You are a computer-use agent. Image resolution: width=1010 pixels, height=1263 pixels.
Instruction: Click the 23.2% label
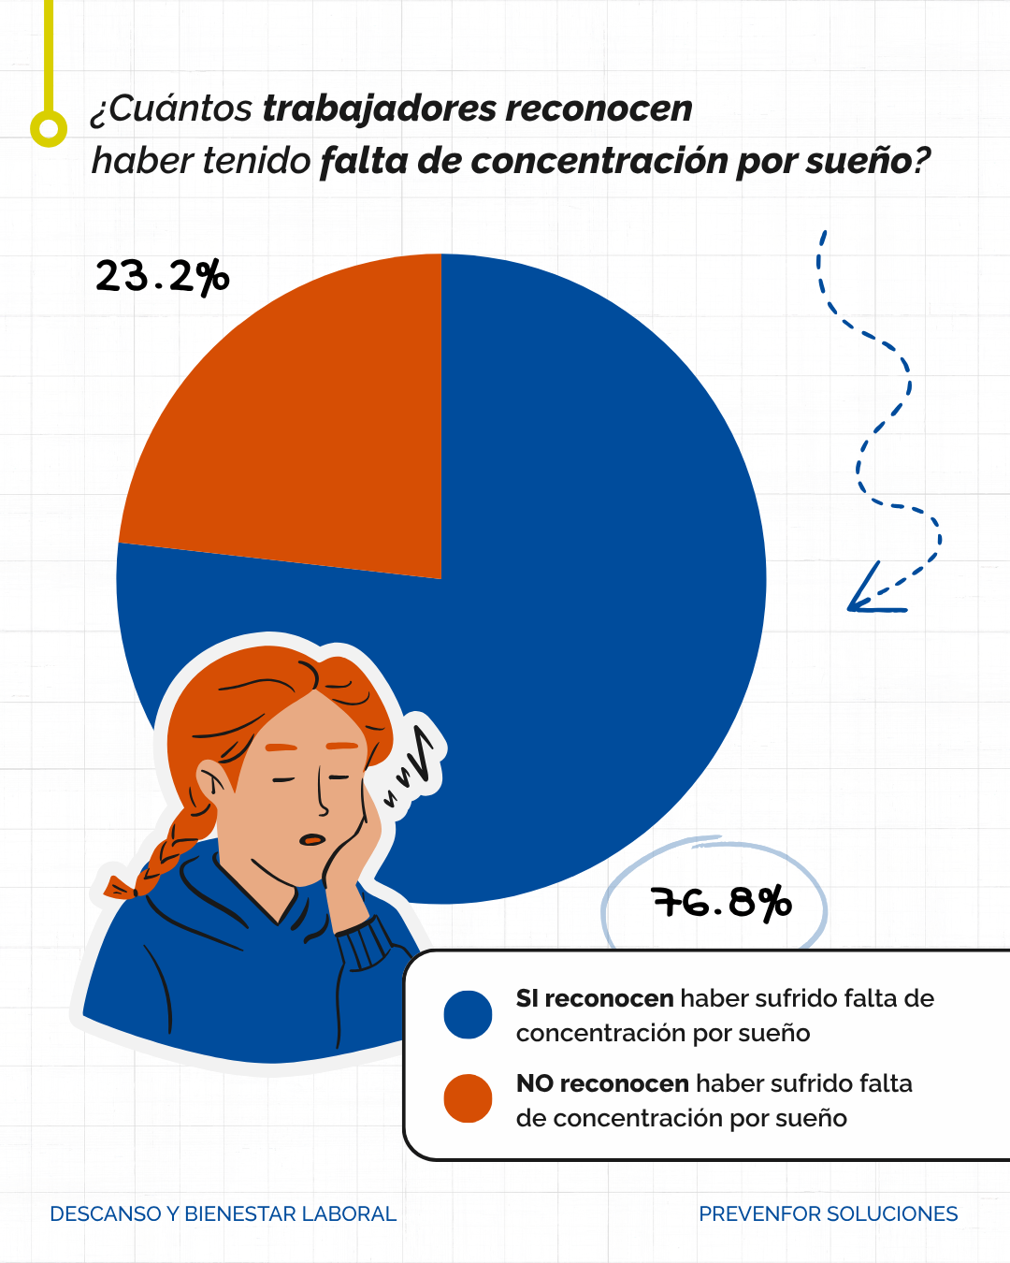[162, 277]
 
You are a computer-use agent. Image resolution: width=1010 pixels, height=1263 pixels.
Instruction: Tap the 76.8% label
[721, 903]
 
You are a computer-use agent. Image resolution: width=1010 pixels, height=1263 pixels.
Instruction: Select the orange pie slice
[309, 430]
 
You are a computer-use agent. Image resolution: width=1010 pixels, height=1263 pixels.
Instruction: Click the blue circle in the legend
[468, 1015]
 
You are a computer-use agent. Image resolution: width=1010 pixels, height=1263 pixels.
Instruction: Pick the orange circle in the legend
[468, 1098]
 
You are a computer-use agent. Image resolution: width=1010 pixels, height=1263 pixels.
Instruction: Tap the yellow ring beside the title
[49, 127]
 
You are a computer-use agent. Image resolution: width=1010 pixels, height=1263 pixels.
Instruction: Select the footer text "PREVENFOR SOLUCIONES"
[828, 1214]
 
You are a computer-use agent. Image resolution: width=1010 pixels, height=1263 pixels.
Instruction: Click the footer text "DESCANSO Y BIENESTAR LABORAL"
[223, 1214]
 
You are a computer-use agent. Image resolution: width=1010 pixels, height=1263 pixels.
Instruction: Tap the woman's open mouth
[312, 839]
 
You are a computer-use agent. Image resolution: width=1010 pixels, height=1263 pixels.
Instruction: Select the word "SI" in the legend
[527, 999]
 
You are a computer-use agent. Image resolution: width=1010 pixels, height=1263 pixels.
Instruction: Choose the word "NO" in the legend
[534, 1084]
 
